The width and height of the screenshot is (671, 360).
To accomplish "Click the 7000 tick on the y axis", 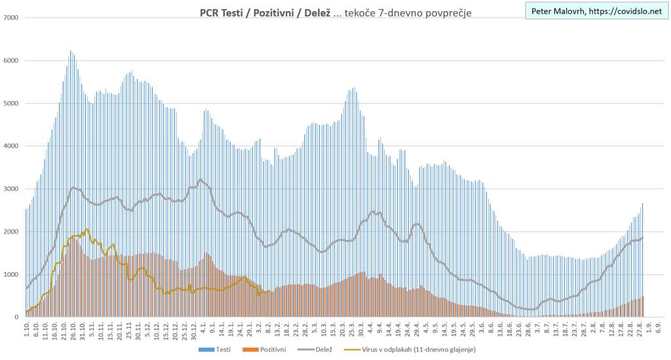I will click(x=12, y=18).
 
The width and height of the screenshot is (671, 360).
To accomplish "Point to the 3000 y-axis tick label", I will click(x=12, y=189).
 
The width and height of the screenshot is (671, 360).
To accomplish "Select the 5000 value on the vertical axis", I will click(x=12, y=104).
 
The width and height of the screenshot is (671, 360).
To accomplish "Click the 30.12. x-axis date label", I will click(x=195, y=329).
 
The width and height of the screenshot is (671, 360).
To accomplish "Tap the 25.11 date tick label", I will click(x=130, y=329).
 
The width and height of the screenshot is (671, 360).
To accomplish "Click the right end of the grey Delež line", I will click(x=643, y=237).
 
